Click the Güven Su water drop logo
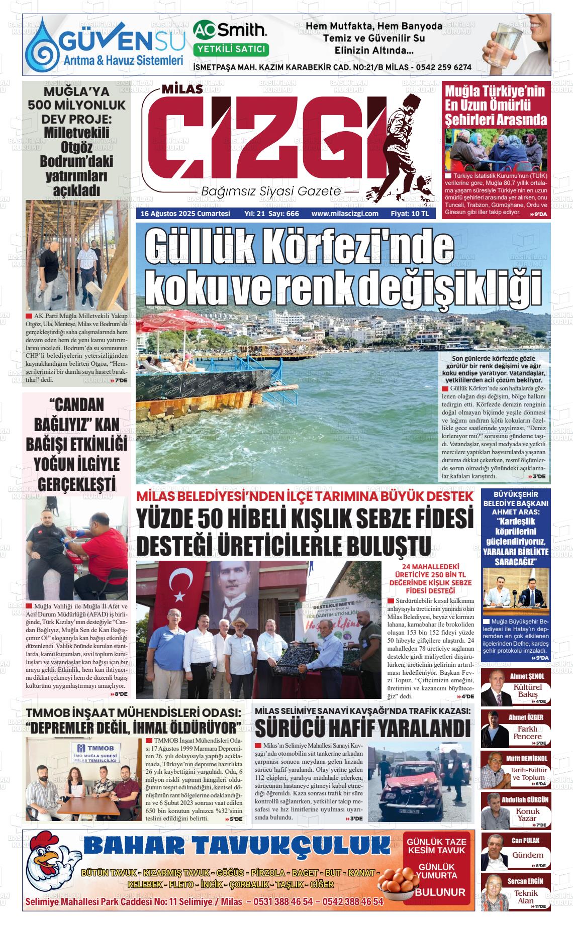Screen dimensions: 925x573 click(x=42, y=46)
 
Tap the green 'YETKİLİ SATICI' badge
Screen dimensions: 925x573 click(x=231, y=49)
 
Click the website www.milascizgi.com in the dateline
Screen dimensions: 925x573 click(x=344, y=214)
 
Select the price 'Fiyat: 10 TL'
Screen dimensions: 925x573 click(x=410, y=214)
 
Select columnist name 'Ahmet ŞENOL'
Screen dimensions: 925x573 click(x=527, y=676)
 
